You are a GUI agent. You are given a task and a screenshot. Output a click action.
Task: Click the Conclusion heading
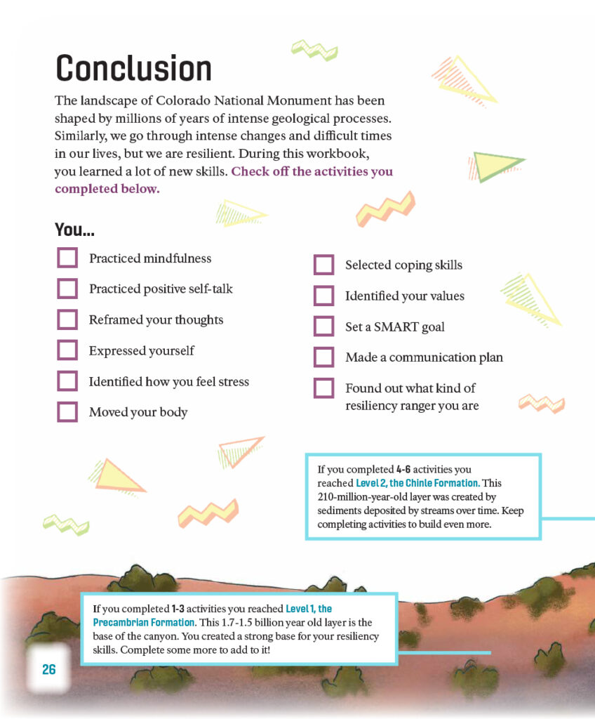[x=133, y=68]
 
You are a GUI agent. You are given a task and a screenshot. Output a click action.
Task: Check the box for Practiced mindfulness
[x=67, y=258]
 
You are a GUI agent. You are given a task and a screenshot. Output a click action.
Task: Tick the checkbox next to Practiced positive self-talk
[x=67, y=289]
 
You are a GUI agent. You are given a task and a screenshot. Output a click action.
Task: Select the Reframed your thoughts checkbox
[x=67, y=319]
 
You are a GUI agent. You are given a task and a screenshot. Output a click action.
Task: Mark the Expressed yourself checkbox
[x=67, y=350]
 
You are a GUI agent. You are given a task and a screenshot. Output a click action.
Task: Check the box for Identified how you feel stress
[x=67, y=381]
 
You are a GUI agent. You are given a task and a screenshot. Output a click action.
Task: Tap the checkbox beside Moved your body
[x=67, y=412]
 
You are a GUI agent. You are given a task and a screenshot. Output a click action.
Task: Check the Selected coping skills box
[x=323, y=265]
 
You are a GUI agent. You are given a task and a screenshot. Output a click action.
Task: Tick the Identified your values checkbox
[x=323, y=296]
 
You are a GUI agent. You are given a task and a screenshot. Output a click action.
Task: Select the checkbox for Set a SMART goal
[x=323, y=326]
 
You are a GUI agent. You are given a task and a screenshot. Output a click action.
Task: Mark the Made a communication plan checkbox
[x=323, y=357]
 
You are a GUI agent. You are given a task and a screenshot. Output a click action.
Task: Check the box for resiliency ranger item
[x=323, y=388]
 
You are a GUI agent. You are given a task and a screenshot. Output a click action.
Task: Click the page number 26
[x=48, y=669]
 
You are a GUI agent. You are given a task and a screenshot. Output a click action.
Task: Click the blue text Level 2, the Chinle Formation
[x=417, y=483]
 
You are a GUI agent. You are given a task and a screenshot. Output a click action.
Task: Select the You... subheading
[x=74, y=230]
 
